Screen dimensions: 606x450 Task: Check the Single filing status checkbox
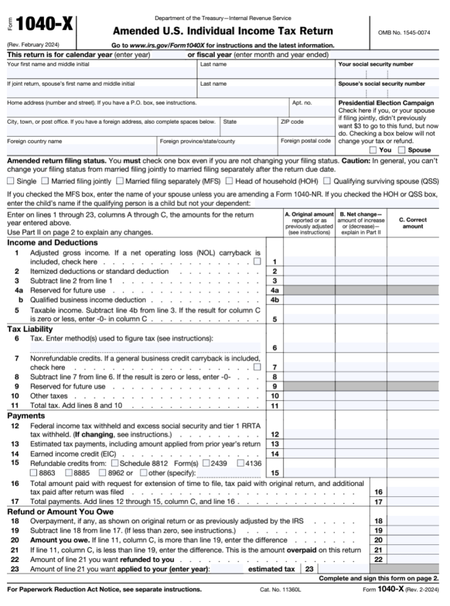(x=11, y=181)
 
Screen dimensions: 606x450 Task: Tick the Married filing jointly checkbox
(x=46, y=181)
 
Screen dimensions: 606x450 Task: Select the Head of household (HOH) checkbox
(x=230, y=181)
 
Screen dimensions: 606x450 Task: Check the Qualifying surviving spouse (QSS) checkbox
(x=328, y=181)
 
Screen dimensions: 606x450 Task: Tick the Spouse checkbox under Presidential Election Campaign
(x=401, y=150)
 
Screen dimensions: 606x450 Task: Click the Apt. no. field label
(x=302, y=103)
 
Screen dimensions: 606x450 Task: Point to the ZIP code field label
(x=292, y=122)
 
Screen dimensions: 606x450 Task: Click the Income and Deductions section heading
(x=52, y=242)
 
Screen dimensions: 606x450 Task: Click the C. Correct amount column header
(x=412, y=223)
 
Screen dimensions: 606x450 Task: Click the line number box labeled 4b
(x=274, y=300)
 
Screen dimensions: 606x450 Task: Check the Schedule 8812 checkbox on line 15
(x=114, y=463)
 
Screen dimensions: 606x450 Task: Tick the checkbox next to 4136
(x=240, y=463)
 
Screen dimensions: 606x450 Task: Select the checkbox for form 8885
(x=70, y=472)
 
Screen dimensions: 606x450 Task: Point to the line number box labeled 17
(x=379, y=502)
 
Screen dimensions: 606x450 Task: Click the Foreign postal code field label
(x=305, y=141)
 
